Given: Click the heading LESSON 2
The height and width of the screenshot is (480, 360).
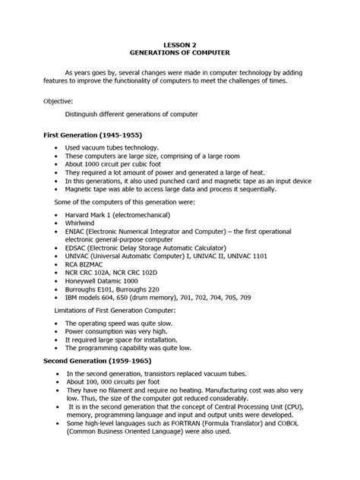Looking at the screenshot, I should (x=179, y=45).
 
